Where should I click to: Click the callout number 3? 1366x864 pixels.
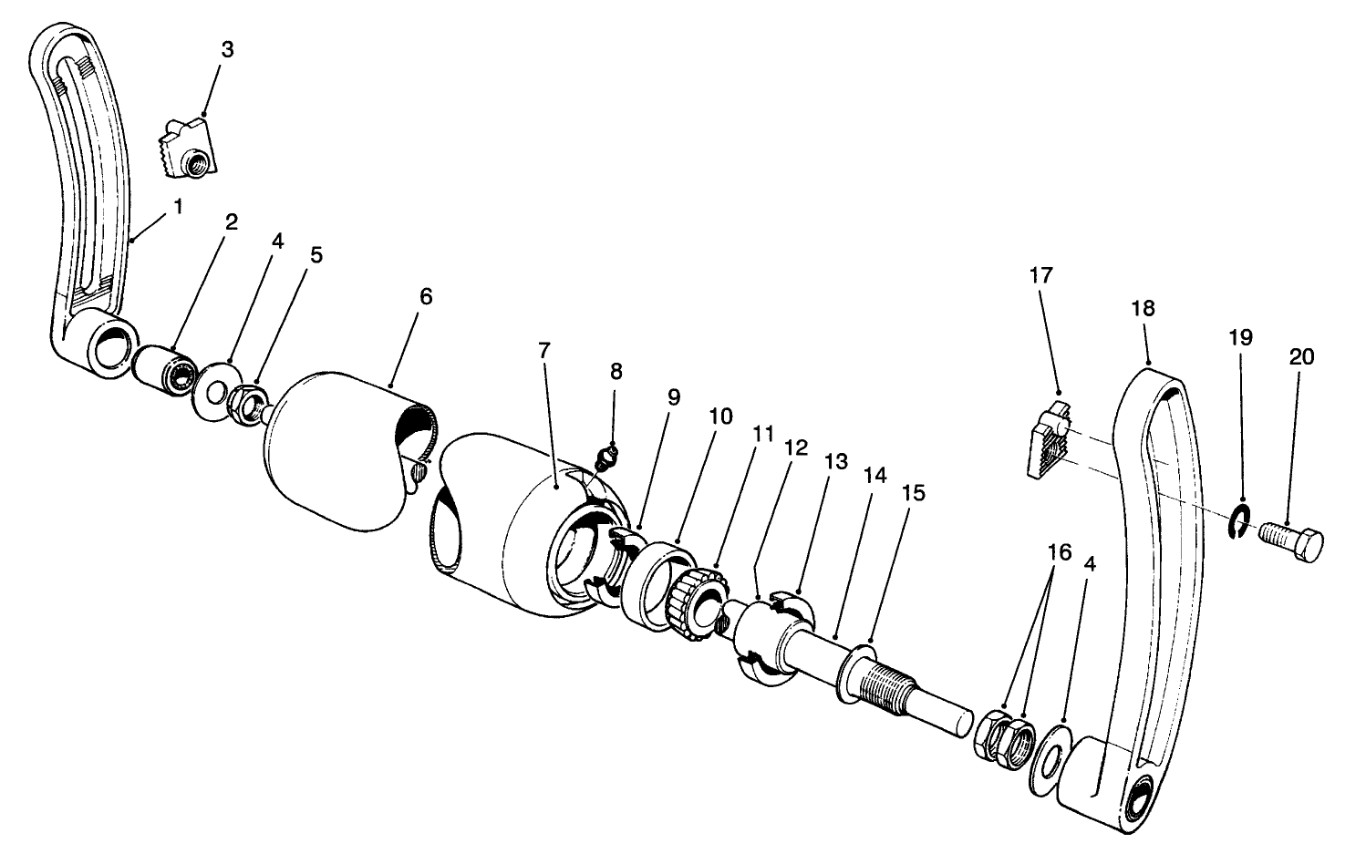(x=227, y=49)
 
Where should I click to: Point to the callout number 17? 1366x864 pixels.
(x=1040, y=274)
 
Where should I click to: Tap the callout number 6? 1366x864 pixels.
(x=426, y=296)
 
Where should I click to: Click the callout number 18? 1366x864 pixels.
(x=1143, y=308)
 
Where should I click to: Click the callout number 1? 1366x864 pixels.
(x=178, y=207)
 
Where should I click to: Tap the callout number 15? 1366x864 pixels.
(x=913, y=492)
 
